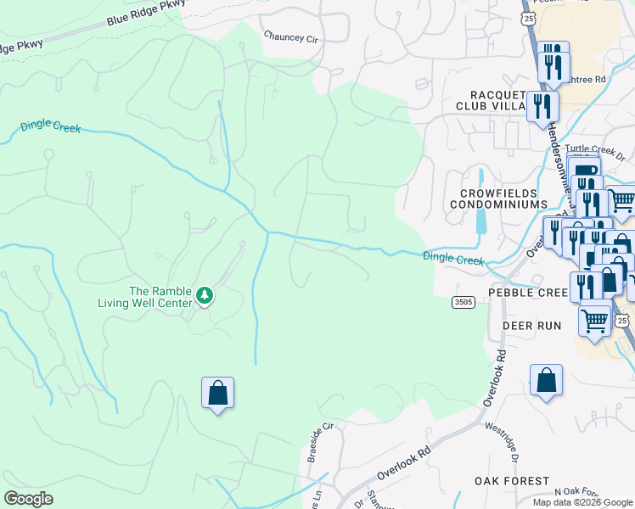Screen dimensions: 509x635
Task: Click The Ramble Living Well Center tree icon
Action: pos(204,296)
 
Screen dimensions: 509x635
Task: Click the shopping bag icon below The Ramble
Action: pos(217,393)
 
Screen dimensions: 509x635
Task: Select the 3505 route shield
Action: pos(463,302)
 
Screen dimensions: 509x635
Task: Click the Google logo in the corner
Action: pos(28,499)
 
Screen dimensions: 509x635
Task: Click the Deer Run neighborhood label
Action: pos(532,326)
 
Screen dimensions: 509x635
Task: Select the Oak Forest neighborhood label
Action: pos(512,481)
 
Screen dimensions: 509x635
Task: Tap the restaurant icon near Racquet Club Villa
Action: pos(540,107)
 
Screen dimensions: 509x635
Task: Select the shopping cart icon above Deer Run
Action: pos(594,320)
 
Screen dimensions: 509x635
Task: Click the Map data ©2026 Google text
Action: pos(582,502)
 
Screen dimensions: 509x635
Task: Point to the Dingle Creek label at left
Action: pos(51,128)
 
